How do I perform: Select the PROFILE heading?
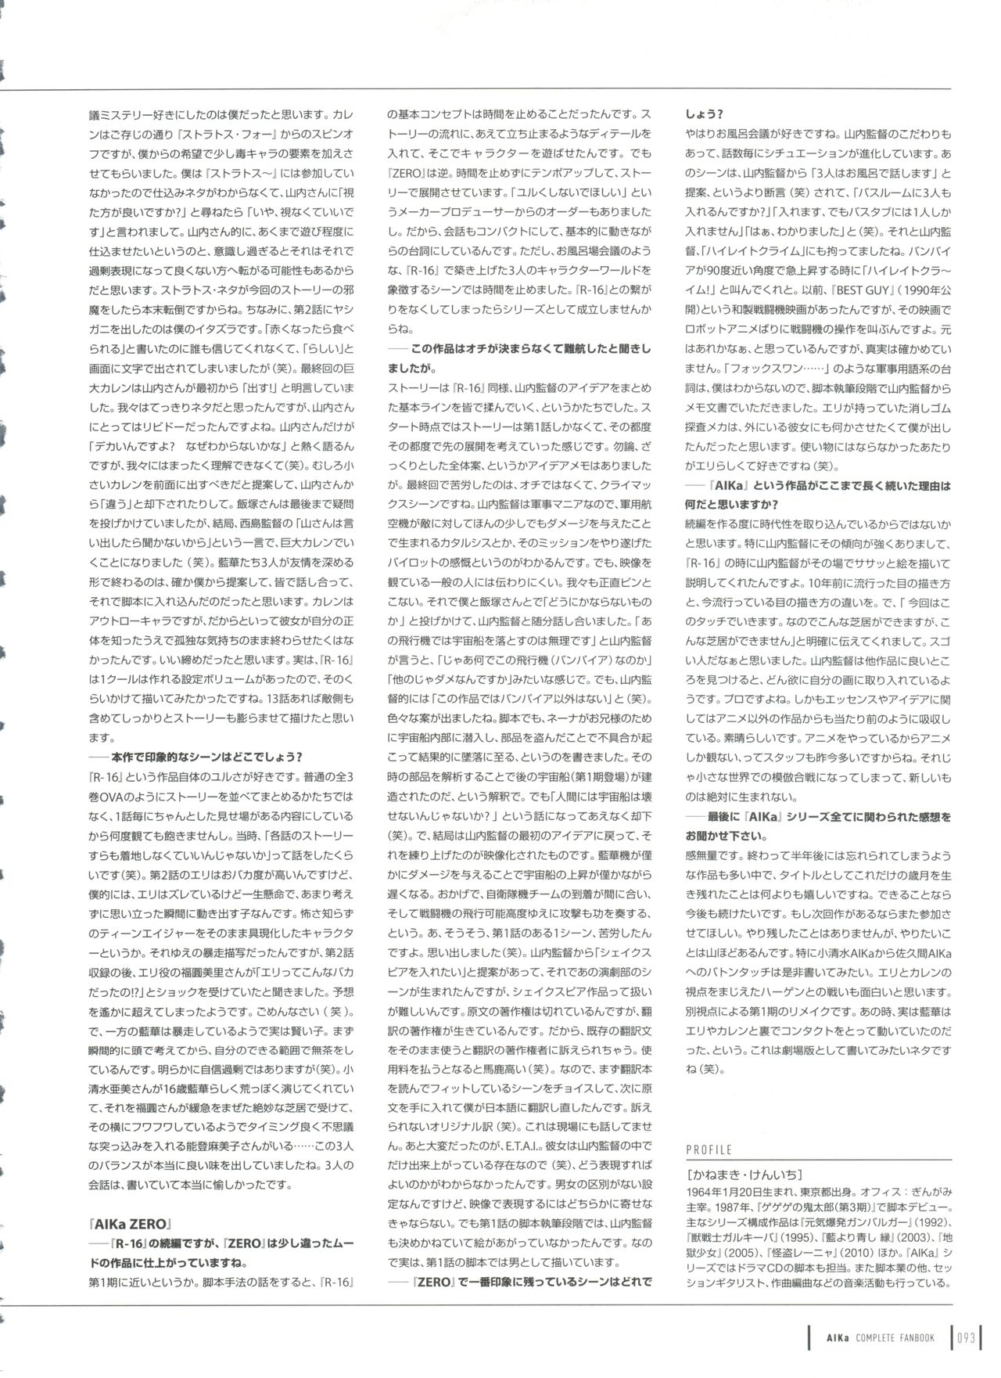coord(709,1150)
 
